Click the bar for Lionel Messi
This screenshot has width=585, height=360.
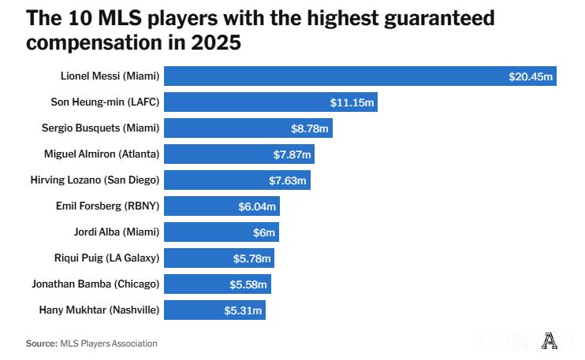[x=331, y=76]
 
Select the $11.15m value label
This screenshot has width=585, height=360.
[x=352, y=102]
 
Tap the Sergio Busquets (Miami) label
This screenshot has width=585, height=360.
[x=100, y=128]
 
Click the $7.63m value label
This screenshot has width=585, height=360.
[x=287, y=180]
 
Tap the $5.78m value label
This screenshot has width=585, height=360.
[x=251, y=258]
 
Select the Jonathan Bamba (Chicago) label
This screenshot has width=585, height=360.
[x=95, y=284]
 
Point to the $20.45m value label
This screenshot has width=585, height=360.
[x=531, y=76]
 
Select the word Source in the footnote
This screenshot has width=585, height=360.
[x=40, y=343]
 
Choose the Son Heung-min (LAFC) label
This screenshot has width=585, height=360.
[x=104, y=102]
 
